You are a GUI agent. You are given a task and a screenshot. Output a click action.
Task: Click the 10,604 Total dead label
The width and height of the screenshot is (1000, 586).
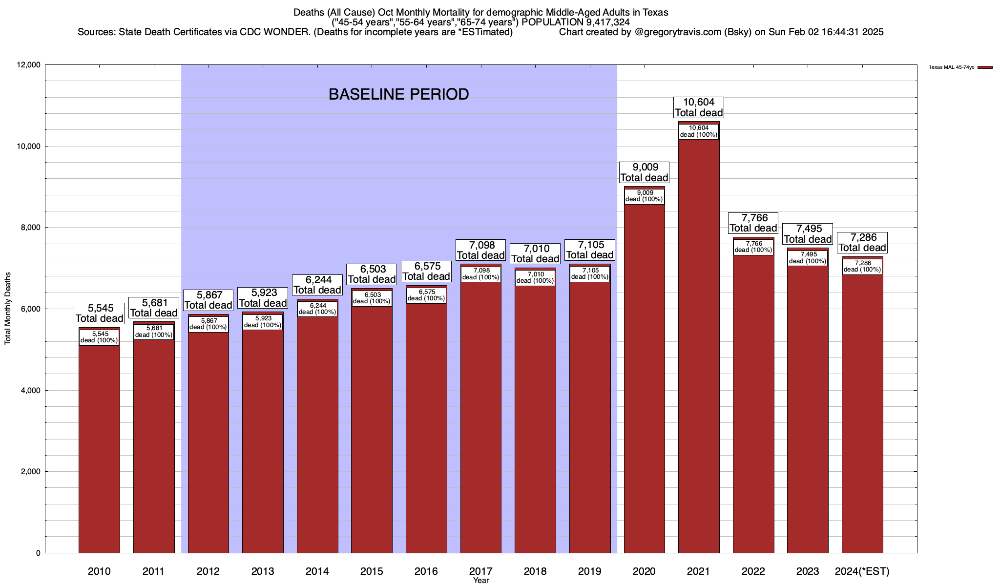pyautogui.click(x=699, y=107)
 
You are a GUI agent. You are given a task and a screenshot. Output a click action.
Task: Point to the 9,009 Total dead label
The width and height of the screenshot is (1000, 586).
pyautogui.click(x=644, y=172)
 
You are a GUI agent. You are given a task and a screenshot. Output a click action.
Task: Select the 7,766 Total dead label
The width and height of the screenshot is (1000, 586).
pyautogui.click(x=753, y=223)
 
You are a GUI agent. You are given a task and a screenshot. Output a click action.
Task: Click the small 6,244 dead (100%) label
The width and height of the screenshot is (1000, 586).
pyautogui.click(x=317, y=309)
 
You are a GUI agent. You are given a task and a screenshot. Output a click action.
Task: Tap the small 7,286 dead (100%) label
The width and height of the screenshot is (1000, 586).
pyautogui.click(x=863, y=267)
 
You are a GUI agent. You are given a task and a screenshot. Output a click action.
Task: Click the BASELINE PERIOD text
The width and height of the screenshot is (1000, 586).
pyautogui.click(x=398, y=94)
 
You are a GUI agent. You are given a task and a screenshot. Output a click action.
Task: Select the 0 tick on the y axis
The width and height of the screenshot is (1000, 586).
pyautogui.click(x=38, y=553)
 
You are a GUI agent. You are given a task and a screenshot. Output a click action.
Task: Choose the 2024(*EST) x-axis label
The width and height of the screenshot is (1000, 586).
pyautogui.click(x=862, y=571)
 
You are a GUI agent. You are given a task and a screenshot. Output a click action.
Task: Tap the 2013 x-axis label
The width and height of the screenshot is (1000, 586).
pyautogui.click(x=263, y=571)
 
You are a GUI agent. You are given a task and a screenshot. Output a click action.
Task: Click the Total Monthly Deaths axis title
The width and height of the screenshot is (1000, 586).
pyautogui.click(x=8, y=309)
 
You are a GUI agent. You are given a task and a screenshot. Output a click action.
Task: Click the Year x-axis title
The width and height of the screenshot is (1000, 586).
pyautogui.click(x=480, y=581)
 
